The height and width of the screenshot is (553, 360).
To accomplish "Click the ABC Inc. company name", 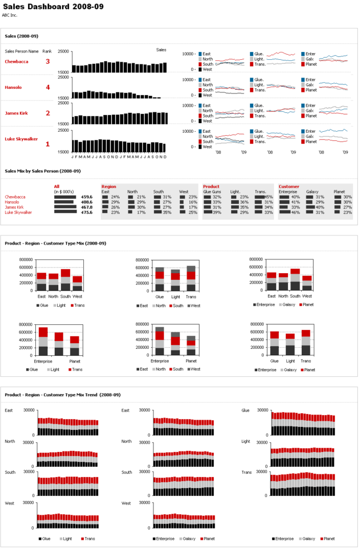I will (10, 15).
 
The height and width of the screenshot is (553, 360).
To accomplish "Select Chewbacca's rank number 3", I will (48, 62).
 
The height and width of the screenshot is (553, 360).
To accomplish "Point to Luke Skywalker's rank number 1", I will (48, 144).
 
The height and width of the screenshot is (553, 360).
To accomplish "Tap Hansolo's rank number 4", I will (48, 87).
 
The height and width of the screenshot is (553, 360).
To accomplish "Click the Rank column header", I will (47, 51).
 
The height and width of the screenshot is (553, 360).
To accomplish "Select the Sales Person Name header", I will (22, 51).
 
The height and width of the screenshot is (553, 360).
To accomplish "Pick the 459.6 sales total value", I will (87, 197).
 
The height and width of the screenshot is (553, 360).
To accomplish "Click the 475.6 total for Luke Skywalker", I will (87, 212).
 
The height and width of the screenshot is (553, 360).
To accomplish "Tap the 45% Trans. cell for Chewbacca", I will (268, 197).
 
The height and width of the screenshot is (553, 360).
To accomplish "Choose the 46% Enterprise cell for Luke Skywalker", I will (296, 212).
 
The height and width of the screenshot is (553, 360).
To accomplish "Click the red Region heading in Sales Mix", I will (108, 186).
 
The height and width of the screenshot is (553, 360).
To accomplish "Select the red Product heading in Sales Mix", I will (211, 186).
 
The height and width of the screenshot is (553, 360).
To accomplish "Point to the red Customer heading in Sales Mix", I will (289, 186).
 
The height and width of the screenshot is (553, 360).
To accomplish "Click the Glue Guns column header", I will (212, 192).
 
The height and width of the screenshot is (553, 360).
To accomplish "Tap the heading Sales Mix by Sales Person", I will (43, 170).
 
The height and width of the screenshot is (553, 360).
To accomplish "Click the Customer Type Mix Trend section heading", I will (63, 395).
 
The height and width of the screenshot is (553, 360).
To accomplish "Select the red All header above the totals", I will (56, 186).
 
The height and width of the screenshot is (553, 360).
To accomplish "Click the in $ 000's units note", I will (65, 192).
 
